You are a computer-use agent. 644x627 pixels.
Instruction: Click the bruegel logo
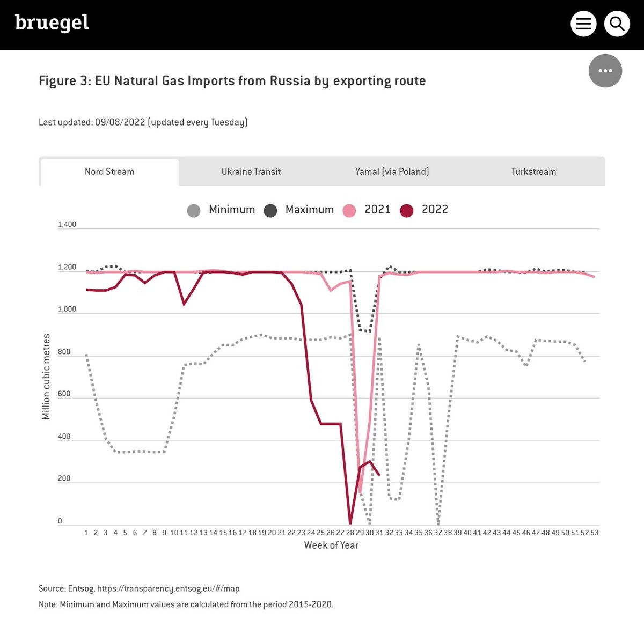click(x=52, y=23)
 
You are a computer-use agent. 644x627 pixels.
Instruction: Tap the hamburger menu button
click(x=583, y=24)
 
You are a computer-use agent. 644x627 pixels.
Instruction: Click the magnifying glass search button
click(x=617, y=24)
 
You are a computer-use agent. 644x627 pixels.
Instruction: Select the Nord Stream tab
click(x=109, y=172)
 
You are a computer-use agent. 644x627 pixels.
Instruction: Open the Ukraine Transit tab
click(x=251, y=172)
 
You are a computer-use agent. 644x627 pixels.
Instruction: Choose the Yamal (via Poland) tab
click(x=392, y=172)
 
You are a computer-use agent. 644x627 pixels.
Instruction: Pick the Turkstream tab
click(x=533, y=172)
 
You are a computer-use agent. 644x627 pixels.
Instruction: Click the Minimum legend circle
click(x=194, y=210)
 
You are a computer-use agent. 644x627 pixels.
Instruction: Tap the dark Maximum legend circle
click(x=270, y=210)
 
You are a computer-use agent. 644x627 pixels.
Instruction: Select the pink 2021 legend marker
click(x=349, y=210)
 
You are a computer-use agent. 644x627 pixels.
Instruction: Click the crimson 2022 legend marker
click(x=407, y=210)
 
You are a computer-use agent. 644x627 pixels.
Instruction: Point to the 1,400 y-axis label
click(x=67, y=224)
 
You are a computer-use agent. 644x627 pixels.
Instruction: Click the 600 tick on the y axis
click(x=64, y=394)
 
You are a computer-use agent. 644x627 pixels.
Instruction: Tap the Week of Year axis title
click(x=331, y=545)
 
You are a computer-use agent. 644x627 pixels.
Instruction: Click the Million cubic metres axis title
click(x=46, y=376)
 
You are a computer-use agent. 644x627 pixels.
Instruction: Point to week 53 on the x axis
click(x=594, y=533)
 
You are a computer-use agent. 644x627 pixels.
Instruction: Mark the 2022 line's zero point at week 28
click(x=350, y=523)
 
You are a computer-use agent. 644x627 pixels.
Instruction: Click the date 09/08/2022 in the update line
click(x=120, y=122)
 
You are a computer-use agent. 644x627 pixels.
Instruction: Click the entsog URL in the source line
click(x=168, y=588)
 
